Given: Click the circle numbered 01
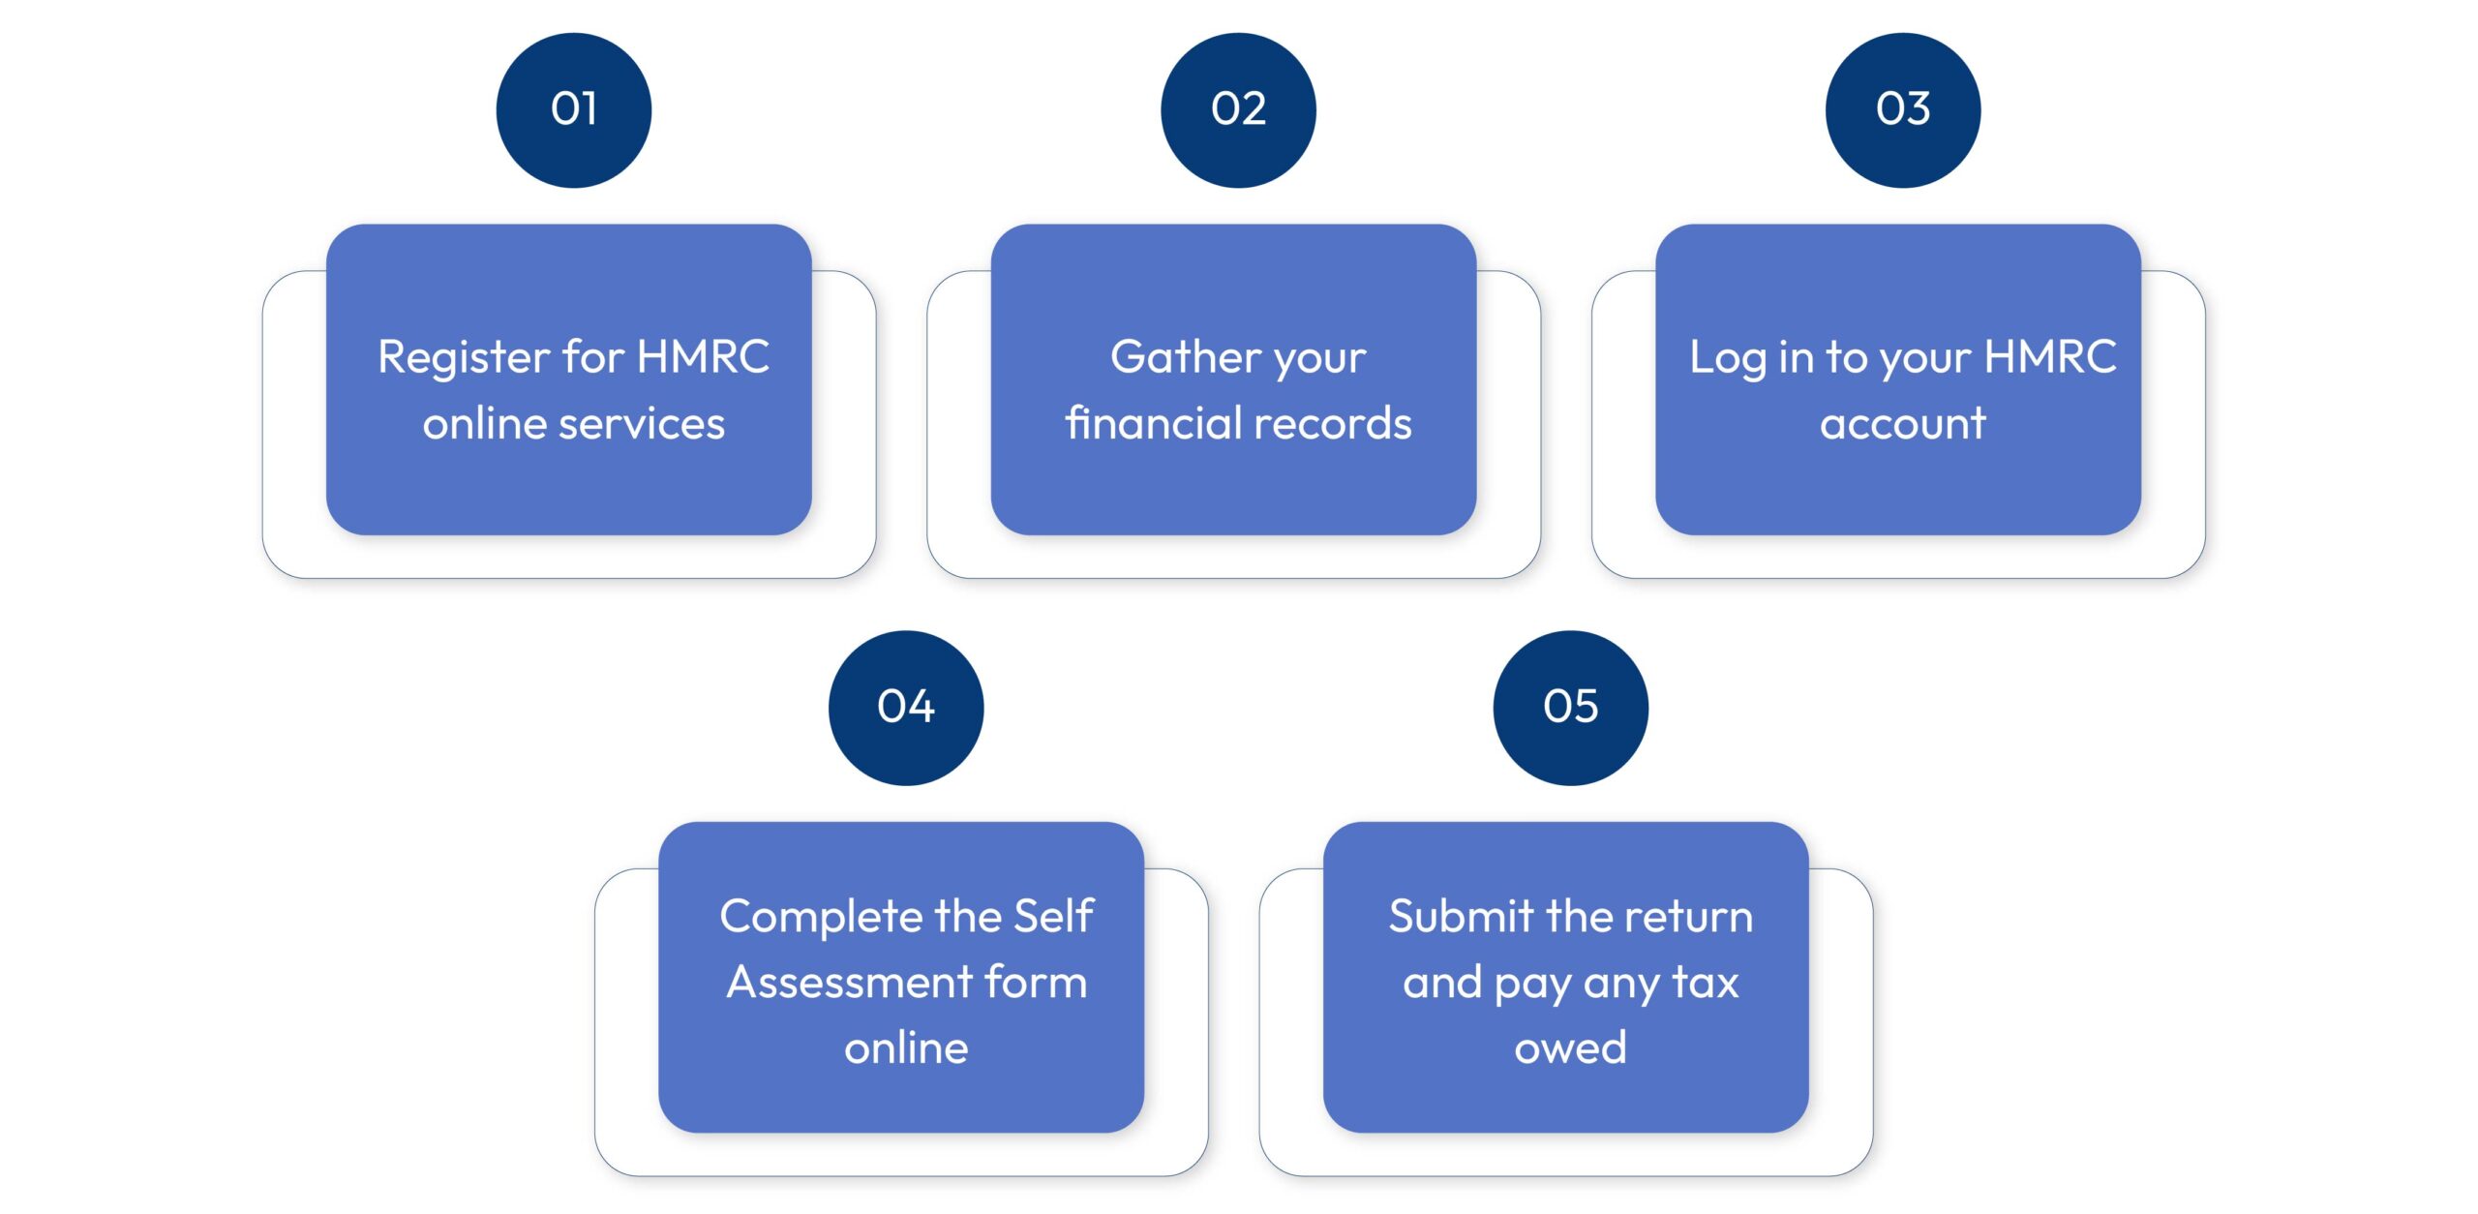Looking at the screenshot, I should click(x=573, y=109).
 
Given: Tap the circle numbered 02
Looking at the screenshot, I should click(x=1238, y=109).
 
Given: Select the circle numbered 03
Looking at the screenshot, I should click(x=1902, y=109).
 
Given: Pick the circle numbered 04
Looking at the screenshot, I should click(x=906, y=707).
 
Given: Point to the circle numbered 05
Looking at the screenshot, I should click(x=1570, y=707).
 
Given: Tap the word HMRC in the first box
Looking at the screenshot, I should click(x=704, y=356).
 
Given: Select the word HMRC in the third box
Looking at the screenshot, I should click(x=2049, y=356).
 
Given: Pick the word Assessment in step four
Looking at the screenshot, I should click(x=849, y=983).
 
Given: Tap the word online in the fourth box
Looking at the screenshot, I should click(x=906, y=1048).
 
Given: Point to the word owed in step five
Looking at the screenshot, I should click(x=1570, y=1048).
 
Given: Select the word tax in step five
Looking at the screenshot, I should click(x=1706, y=983).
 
